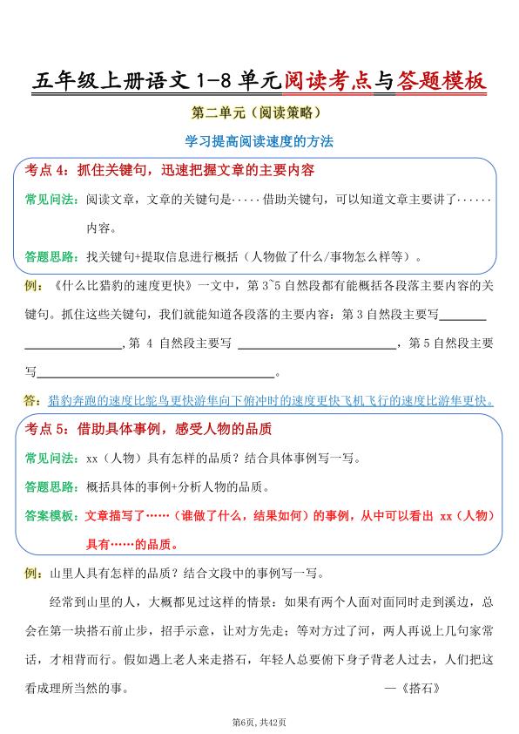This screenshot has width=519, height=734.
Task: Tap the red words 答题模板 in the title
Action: (440, 82)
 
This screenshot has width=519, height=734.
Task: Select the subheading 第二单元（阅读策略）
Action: (259, 112)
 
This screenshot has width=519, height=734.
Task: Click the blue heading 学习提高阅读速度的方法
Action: (259, 140)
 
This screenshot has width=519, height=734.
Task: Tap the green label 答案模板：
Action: (50, 516)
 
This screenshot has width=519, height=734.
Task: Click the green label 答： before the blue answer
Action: (33, 401)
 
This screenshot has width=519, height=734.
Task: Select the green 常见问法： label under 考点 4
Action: (50, 200)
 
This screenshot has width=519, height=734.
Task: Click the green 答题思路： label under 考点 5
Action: (50, 487)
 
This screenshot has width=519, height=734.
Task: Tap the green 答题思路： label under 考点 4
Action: (50, 258)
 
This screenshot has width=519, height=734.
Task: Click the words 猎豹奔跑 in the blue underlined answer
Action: (73, 401)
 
